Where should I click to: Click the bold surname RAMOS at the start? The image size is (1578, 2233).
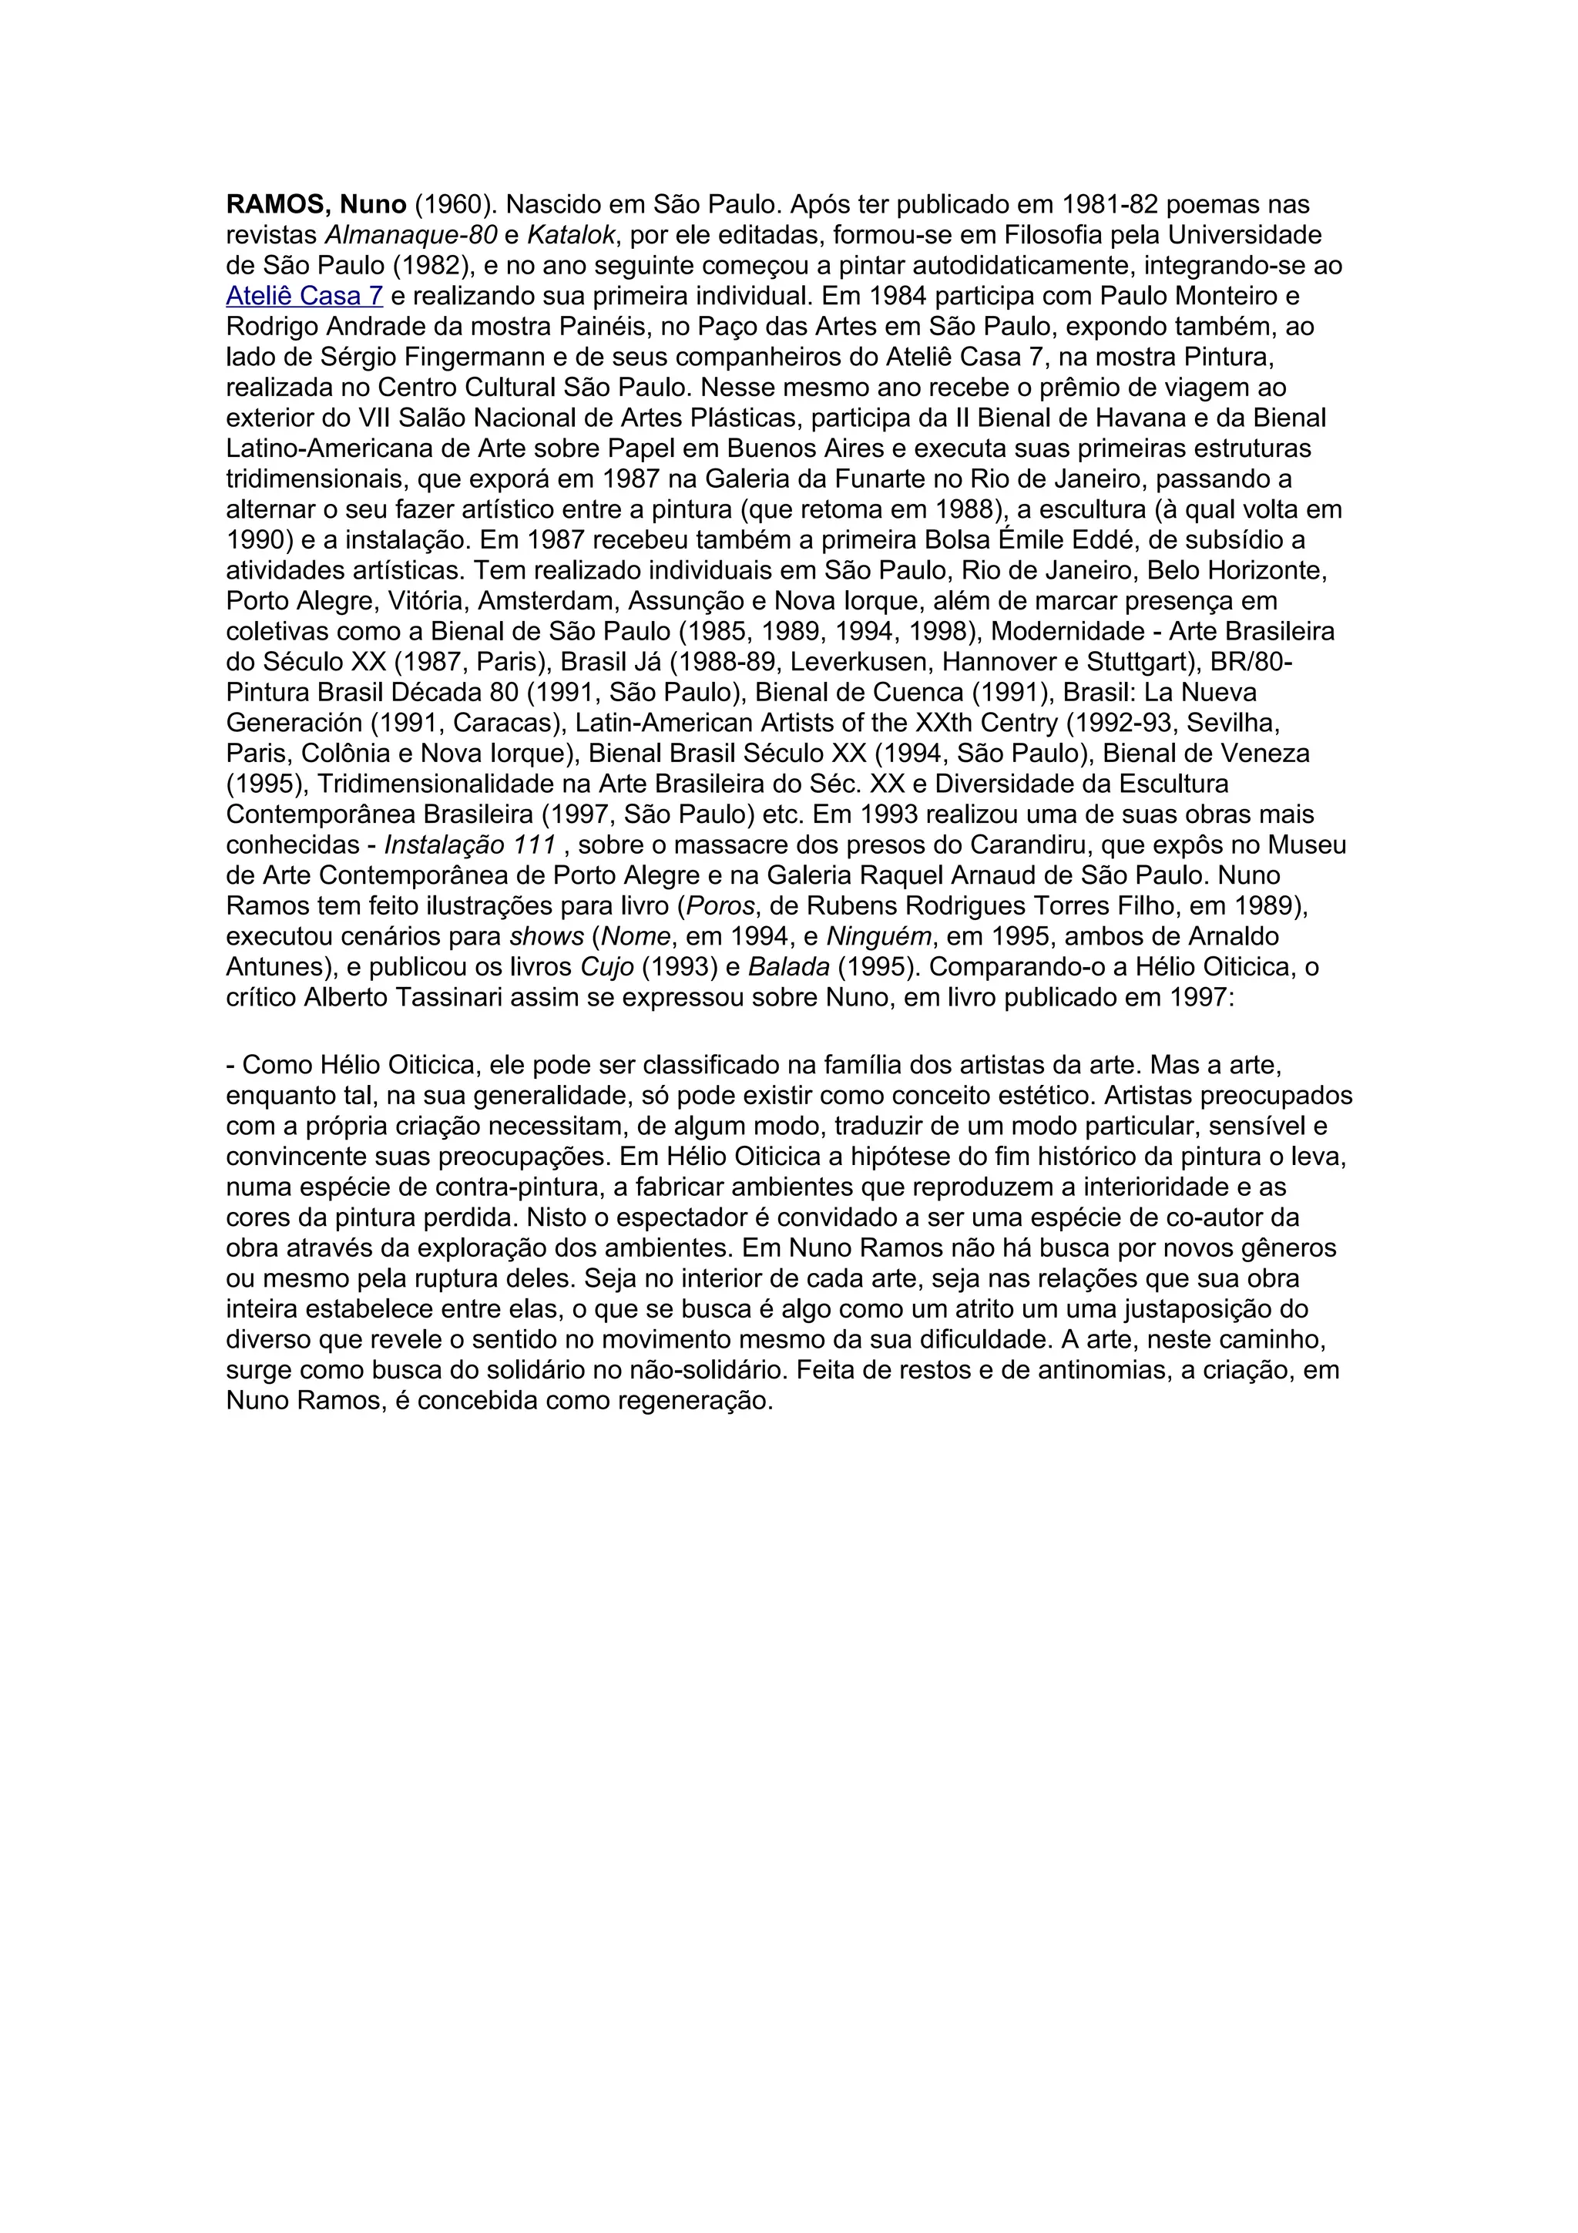click(x=277, y=205)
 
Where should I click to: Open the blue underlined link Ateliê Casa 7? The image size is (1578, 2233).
click(x=304, y=297)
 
